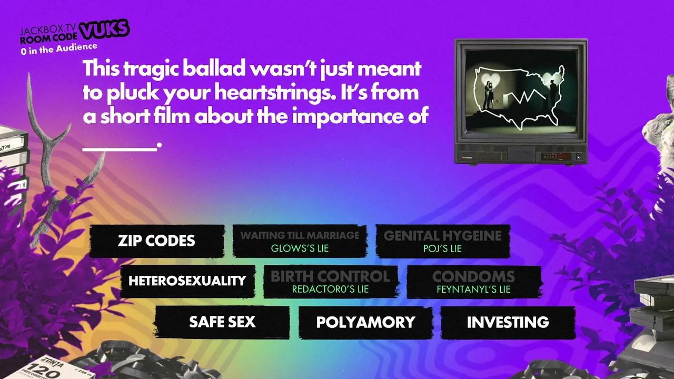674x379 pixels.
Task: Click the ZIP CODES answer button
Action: click(x=157, y=241)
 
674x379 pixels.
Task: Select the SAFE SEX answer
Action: click(x=222, y=322)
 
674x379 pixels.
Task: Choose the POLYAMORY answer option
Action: click(x=365, y=322)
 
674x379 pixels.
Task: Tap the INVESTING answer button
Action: click(x=508, y=322)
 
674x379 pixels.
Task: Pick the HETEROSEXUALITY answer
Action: click(x=187, y=281)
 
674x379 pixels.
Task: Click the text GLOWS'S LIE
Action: click(x=300, y=248)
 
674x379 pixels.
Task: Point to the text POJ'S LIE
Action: click(x=442, y=249)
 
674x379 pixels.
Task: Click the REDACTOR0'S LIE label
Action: click(x=330, y=289)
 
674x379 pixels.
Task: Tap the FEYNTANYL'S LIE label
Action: click(x=473, y=290)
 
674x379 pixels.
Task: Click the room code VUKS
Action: click(x=104, y=29)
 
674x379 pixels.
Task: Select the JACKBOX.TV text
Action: click(x=48, y=29)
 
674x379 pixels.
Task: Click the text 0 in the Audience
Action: click(x=59, y=49)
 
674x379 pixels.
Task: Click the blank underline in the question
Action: click(x=120, y=148)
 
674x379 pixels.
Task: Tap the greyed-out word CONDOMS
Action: click(x=473, y=276)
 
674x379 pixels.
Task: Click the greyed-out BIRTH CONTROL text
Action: click(x=330, y=276)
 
